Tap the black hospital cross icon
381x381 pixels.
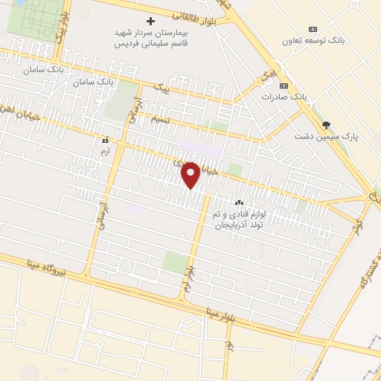151,21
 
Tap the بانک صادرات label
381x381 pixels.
284,97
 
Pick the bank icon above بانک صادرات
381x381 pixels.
284,86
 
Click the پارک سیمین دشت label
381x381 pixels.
325,136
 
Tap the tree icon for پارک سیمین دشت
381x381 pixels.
325,125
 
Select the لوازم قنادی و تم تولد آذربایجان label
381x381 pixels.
239,219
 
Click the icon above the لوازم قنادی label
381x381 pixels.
239,202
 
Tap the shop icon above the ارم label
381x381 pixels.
105,139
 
